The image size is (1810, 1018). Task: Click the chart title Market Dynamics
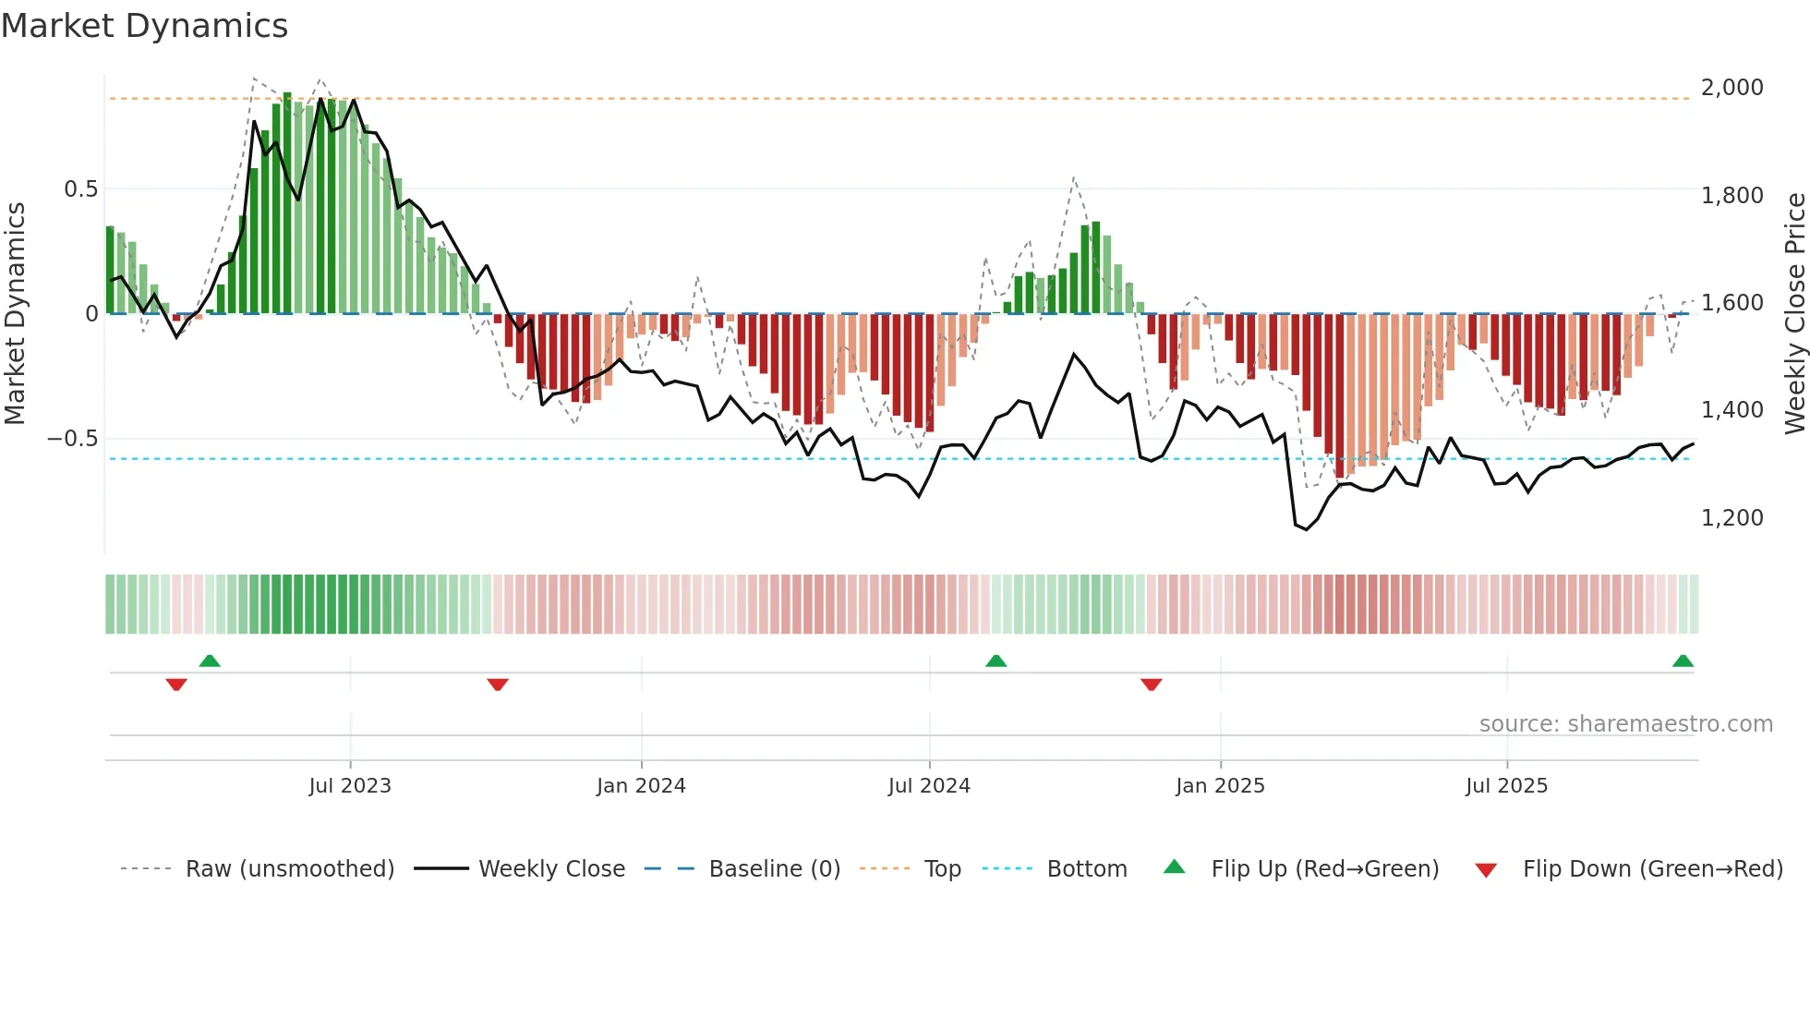point(145,26)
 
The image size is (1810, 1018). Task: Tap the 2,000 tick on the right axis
point(1732,88)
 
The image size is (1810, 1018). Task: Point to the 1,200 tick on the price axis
point(1732,518)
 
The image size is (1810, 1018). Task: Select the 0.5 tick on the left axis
point(80,189)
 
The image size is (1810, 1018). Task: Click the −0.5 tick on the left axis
point(73,439)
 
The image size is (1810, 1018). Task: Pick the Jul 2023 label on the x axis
point(350,786)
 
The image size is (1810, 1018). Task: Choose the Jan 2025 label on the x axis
point(1220,786)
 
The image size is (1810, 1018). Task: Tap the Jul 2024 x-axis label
point(929,786)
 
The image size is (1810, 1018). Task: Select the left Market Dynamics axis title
point(15,314)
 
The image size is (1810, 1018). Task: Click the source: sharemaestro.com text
point(1625,724)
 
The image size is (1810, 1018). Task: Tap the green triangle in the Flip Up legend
point(1174,867)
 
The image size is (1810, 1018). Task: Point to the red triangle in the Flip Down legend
point(1486,870)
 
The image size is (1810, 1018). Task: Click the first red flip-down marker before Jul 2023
point(176,685)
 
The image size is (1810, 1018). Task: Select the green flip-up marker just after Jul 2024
point(995,660)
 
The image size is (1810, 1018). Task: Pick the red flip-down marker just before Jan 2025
point(1151,685)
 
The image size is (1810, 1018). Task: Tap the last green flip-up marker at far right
point(1683,660)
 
